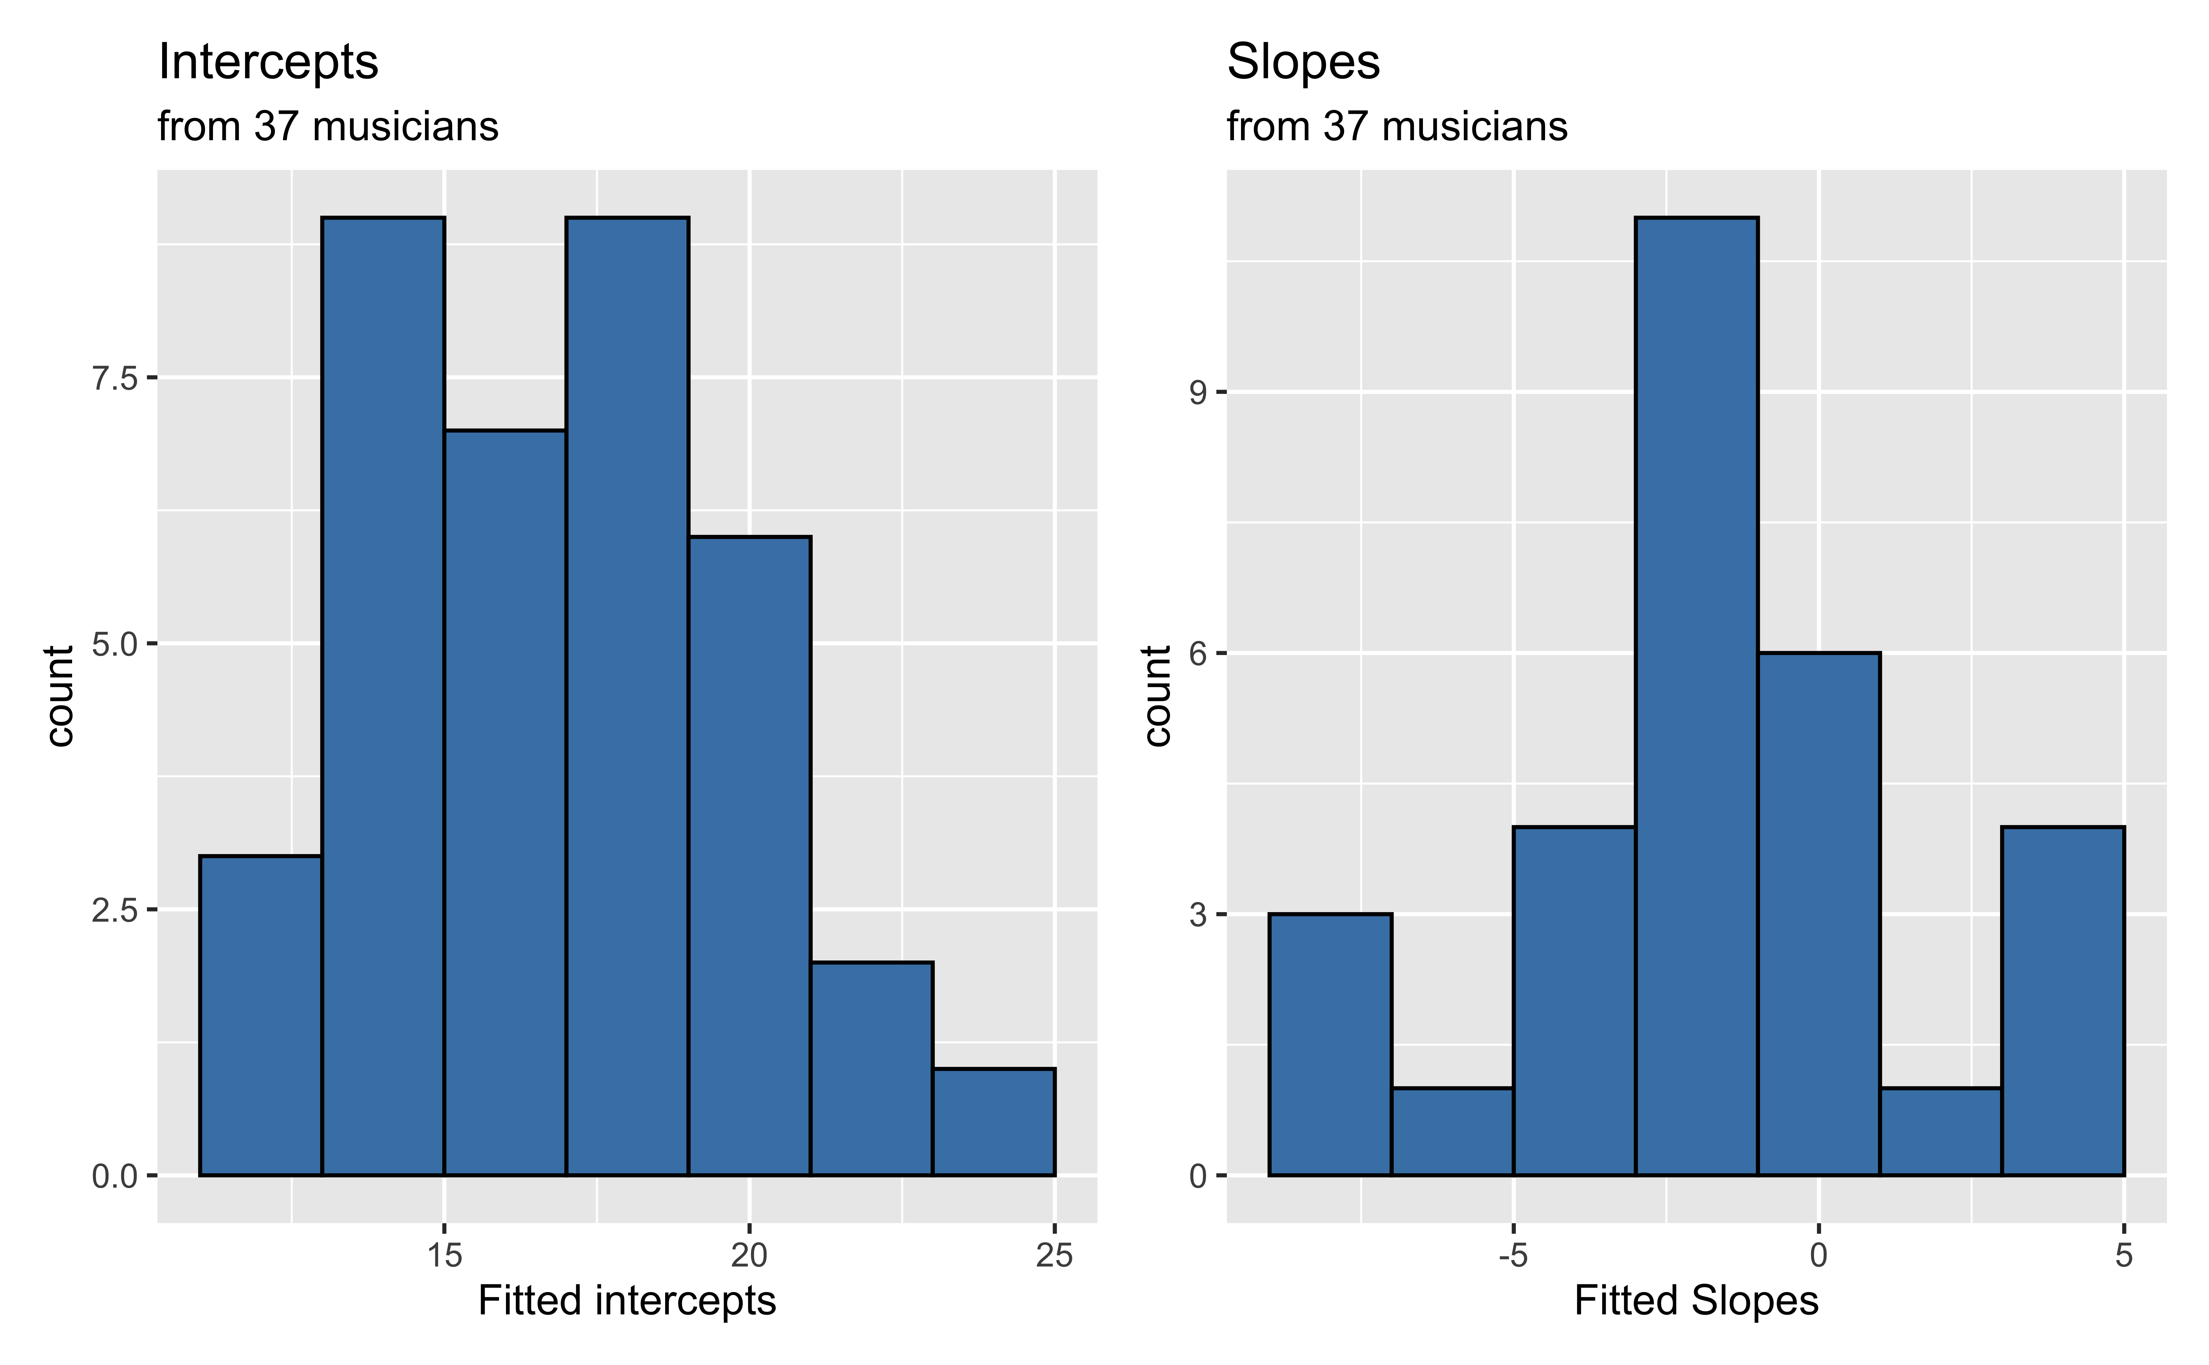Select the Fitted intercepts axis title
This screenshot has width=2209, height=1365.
(626, 1301)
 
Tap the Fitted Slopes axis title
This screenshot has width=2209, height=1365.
(1695, 1301)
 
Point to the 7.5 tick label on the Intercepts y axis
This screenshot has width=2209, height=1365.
(115, 378)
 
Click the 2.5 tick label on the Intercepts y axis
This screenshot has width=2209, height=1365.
(115, 910)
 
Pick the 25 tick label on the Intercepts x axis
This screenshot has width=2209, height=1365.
(1054, 1255)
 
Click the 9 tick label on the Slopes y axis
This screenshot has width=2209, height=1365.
(1198, 393)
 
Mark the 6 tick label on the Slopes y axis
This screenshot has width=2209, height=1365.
(1198, 654)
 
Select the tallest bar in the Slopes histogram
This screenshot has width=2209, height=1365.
(1696, 695)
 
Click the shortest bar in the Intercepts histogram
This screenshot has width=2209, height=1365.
(993, 1122)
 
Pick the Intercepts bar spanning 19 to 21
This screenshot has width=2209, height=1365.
(749, 856)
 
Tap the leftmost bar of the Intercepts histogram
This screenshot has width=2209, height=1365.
(260, 1016)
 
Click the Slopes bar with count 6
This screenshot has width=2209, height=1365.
(1818, 914)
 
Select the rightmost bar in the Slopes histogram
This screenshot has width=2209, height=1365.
(2063, 1000)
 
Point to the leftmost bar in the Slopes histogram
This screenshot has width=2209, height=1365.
(1330, 1044)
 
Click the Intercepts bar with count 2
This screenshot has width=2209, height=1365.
(871, 1069)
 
